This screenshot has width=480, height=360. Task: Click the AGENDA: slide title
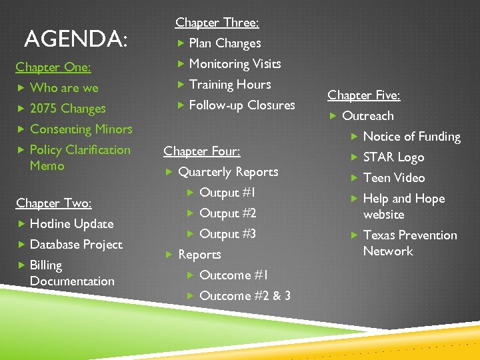[74, 39]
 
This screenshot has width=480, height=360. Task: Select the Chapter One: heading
[53, 67]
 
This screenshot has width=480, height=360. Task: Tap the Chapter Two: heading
[54, 203]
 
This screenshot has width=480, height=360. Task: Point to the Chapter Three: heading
[217, 23]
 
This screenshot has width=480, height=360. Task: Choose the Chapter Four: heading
[202, 151]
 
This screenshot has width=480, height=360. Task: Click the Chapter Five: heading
[364, 95]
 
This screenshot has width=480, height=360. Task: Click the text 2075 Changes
[68, 109]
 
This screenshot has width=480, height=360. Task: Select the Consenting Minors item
[81, 129]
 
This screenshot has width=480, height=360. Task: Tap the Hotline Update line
[72, 224]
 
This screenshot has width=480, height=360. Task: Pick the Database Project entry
[76, 245]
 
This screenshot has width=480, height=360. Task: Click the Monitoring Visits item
[235, 64]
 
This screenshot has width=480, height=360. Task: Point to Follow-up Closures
[242, 105]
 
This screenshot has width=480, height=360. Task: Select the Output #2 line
[228, 213]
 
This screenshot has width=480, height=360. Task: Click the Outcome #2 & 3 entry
[245, 295]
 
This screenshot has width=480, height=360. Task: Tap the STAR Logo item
[393, 157]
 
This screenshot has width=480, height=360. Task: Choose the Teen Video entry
[394, 178]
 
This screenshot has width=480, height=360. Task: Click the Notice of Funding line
[412, 137]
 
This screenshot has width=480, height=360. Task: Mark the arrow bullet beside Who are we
[21, 88]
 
